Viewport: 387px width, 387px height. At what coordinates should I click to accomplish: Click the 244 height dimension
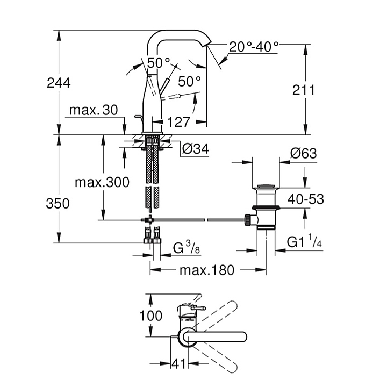[x=59, y=83]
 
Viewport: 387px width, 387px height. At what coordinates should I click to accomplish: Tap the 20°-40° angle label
[x=254, y=46]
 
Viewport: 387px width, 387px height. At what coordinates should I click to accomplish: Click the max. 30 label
[x=93, y=110]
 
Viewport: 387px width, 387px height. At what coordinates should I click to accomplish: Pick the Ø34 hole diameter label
[x=195, y=149]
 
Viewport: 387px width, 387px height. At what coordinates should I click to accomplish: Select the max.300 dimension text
[x=102, y=182]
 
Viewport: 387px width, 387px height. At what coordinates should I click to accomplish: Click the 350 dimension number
[x=58, y=203]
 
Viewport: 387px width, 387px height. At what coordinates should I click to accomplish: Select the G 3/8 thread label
[x=188, y=249]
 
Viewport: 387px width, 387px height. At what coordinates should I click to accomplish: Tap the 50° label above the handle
[x=159, y=62]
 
